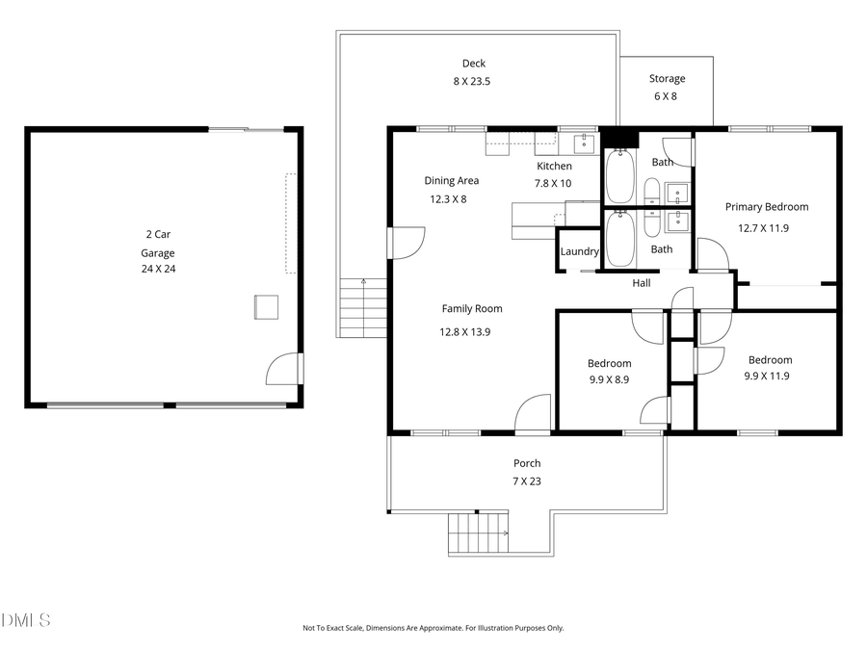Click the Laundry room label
(580, 251)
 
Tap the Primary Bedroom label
(766, 206)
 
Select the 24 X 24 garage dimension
(158, 269)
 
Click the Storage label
(667, 79)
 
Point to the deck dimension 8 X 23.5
(472, 82)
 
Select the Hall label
(641, 283)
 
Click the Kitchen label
(554, 167)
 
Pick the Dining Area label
(451, 180)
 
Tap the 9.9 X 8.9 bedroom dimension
(609, 379)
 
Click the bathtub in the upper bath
(619, 178)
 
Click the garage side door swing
(283, 368)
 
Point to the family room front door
(533, 415)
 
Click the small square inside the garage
(266, 306)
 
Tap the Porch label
(526, 463)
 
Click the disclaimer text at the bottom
(433, 628)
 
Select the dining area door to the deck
(406, 242)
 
